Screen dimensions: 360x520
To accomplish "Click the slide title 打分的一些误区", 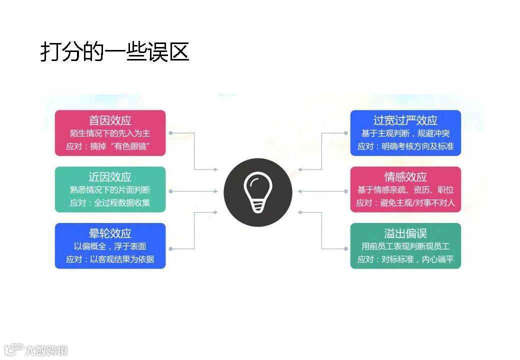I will [114, 52].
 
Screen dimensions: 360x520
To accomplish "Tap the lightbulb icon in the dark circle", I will [257, 192].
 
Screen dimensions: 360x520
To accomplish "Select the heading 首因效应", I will [110, 120].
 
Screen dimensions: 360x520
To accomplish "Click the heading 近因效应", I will [110, 177].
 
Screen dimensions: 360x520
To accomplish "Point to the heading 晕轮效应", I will [110, 233].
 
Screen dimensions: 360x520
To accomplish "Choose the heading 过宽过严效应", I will [405, 120].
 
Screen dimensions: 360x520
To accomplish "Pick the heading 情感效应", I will [405, 177].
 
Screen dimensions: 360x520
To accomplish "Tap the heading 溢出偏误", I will [405, 233].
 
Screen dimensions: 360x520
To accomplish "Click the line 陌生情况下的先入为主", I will [110, 133].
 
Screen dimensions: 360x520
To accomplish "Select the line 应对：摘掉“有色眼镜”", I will [109, 146].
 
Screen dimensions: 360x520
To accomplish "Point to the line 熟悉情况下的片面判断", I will [110, 190].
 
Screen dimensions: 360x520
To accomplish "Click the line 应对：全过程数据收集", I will [109, 203].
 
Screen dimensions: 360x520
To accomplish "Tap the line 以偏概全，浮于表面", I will [110, 246].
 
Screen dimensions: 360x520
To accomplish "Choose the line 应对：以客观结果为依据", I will [110, 259].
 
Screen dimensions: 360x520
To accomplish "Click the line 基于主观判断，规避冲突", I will [405, 133].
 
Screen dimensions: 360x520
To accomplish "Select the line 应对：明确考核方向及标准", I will [405, 146].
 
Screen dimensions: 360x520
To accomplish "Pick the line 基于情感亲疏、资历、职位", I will [405, 190].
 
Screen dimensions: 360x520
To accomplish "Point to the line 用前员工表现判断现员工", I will [405, 246].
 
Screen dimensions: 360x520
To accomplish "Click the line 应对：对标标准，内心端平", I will [405, 259].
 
